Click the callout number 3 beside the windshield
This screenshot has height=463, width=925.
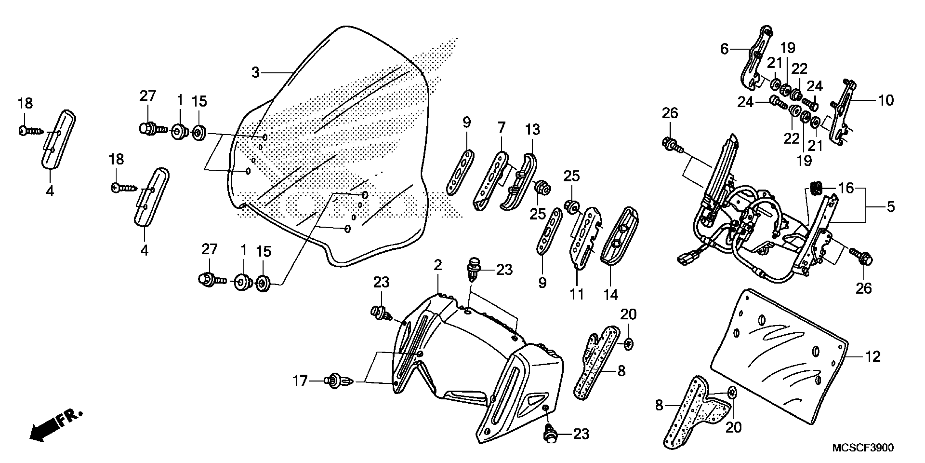pos(255,73)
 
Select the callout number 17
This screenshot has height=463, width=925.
pos(300,380)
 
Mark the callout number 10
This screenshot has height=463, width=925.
pos(886,100)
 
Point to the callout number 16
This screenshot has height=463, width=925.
pos(846,188)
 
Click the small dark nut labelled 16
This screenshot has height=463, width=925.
pos(815,188)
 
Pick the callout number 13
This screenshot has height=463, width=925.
pos(532,129)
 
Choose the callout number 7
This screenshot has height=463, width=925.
pos(501,127)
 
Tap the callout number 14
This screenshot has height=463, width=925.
pos(610,295)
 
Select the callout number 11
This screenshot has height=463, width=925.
pos(577,295)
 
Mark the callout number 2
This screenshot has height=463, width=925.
pos(437,265)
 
